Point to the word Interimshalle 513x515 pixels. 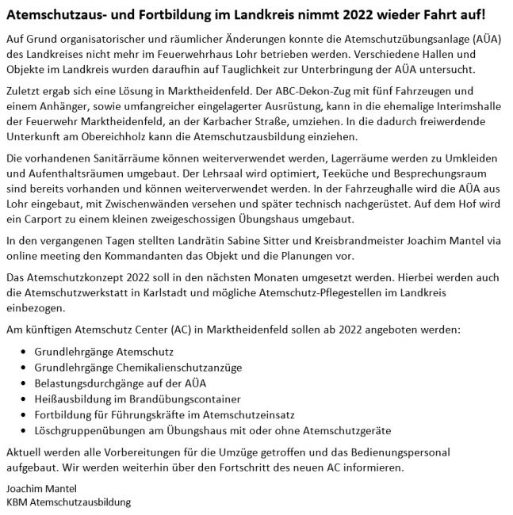(x=462, y=107)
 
